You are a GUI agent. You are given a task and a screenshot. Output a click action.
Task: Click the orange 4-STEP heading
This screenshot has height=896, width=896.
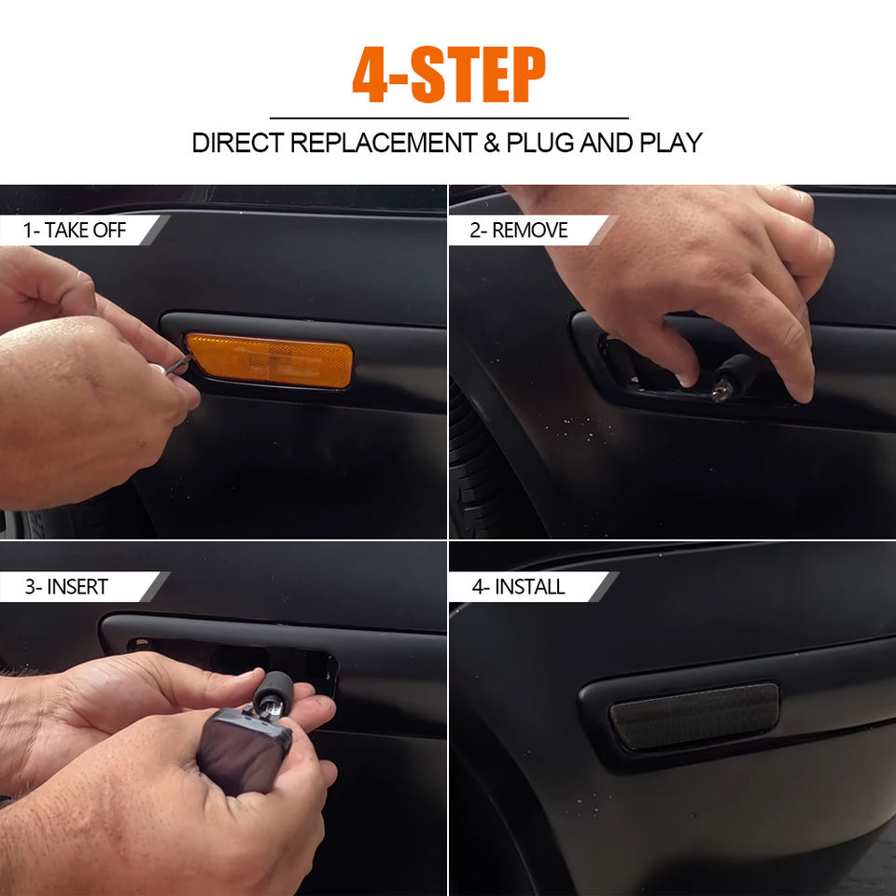click(449, 75)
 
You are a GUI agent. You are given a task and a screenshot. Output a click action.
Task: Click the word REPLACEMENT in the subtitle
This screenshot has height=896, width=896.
click(384, 143)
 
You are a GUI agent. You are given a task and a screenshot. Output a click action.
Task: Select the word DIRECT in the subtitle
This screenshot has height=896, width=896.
click(238, 143)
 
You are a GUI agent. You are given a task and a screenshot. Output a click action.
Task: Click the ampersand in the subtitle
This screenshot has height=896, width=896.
click(492, 143)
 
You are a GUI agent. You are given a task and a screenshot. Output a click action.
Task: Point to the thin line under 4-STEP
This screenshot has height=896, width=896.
click(449, 119)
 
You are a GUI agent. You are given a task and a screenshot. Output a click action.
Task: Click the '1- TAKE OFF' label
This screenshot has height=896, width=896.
click(75, 231)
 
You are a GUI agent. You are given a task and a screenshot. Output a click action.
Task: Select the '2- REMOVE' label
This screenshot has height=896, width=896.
click(519, 231)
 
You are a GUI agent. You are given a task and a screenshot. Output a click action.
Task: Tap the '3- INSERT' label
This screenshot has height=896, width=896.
click(66, 587)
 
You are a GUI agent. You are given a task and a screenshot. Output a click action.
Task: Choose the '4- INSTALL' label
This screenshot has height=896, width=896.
click(518, 587)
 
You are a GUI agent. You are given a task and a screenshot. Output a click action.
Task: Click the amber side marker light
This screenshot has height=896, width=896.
click(270, 360)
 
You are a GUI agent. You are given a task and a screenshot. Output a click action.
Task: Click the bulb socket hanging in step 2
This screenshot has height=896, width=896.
click(732, 376)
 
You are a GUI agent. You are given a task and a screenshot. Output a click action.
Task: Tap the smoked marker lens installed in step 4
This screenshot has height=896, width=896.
click(694, 717)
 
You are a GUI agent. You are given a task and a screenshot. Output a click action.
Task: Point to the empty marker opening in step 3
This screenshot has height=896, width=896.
click(231, 660)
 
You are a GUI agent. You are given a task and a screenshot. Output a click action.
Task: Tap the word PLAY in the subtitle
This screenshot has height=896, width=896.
click(671, 143)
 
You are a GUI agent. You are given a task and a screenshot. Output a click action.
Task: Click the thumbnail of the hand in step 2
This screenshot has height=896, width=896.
click(684, 377)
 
